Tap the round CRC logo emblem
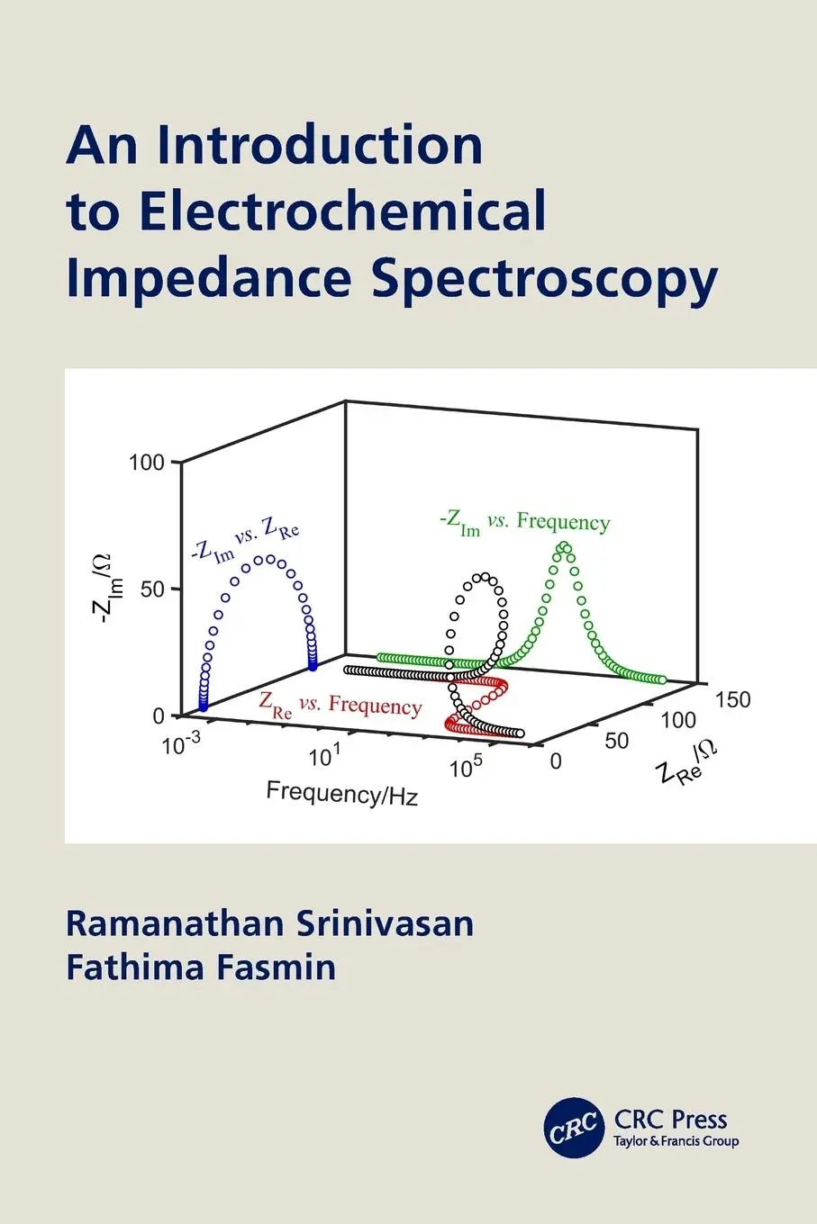(x=574, y=1126)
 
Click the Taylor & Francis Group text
(x=676, y=1141)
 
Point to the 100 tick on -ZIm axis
(x=148, y=463)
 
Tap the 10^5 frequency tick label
(x=468, y=767)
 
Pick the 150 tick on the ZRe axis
(x=732, y=699)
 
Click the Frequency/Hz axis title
(x=342, y=794)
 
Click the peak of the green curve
(x=564, y=545)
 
